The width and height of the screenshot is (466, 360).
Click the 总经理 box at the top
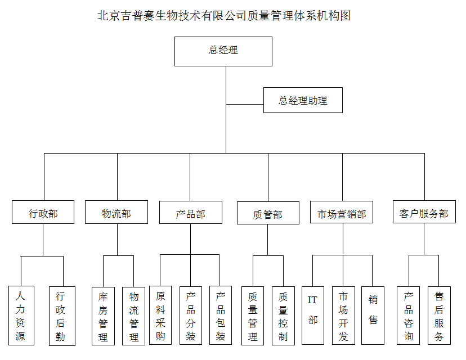click(x=223, y=51)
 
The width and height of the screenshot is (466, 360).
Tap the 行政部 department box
click(x=43, y=213)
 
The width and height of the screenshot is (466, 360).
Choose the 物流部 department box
click(x=116, y=213)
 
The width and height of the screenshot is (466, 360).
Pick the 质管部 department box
click(x=268, y=214)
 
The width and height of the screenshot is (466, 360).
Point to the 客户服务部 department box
click(x=424, y=213)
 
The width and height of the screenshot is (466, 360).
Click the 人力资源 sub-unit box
click(x=21, y=316)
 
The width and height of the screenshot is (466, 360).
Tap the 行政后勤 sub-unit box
click(x=61, y=316)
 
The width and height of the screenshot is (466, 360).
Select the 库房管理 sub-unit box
click(x=103, y=316)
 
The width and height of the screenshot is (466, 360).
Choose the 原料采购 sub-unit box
click(x=160, y=316)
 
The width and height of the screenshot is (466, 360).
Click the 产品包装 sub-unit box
click(x=221, y=316)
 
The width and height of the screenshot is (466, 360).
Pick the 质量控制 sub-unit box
click(x=283, y=316)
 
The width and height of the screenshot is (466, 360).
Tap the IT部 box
click(x=313, y=316)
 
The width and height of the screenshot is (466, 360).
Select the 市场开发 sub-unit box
click(x=343, y=316)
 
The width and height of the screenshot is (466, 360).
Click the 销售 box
click(x=373, y=316)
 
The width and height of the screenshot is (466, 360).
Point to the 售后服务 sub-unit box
click(x=439, y=316)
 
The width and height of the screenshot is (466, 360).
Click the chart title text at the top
click(x=224, y=16)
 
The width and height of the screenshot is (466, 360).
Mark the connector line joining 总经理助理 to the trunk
click(x=245, y=105)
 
